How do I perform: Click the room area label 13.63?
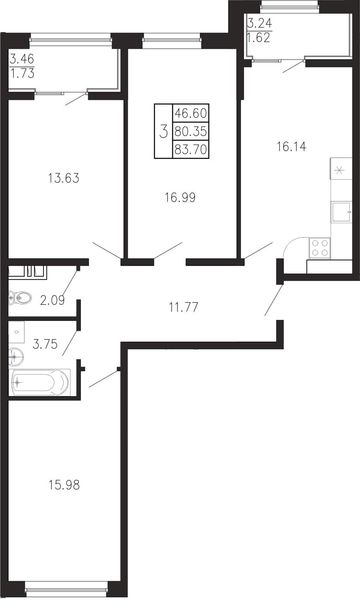coord(63,179)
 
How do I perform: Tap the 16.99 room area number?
coord(180,198)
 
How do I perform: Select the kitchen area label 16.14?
coord(292,146)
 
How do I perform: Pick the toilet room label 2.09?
coord(52,300)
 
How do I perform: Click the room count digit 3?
coord(163,131)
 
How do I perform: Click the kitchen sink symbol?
coord(341,212)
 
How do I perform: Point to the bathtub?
coord(40,382)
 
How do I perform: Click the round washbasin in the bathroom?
coord(16,357)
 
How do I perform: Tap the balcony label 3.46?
coord(22,59)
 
